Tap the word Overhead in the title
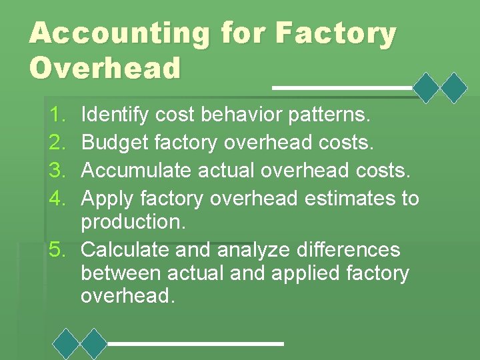pos(105,68)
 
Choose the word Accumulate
pos(137,170)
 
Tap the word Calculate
pos(123,250)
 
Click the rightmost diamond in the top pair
pos(455,87)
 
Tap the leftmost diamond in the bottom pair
pos(66,344)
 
